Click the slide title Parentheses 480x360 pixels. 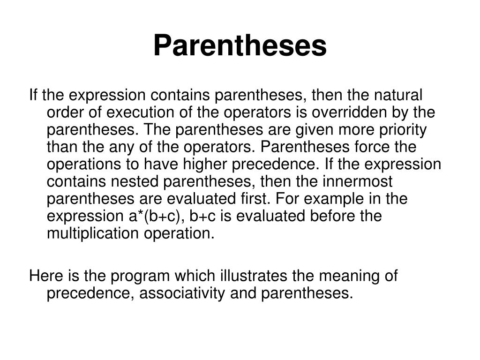(x=240, y=46)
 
